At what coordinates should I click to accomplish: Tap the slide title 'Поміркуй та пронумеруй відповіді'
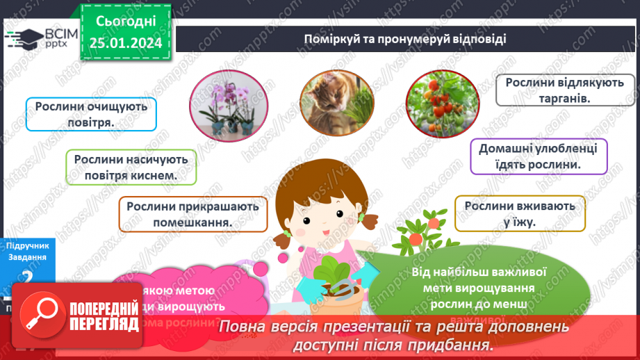404,39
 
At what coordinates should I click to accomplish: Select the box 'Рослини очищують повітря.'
91,113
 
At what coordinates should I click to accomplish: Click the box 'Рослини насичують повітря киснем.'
132,167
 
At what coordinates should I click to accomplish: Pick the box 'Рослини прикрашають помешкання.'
192,214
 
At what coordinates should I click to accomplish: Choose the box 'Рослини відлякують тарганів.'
555,90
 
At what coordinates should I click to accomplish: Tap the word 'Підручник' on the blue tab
26,245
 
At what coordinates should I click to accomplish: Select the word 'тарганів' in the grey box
564,99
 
